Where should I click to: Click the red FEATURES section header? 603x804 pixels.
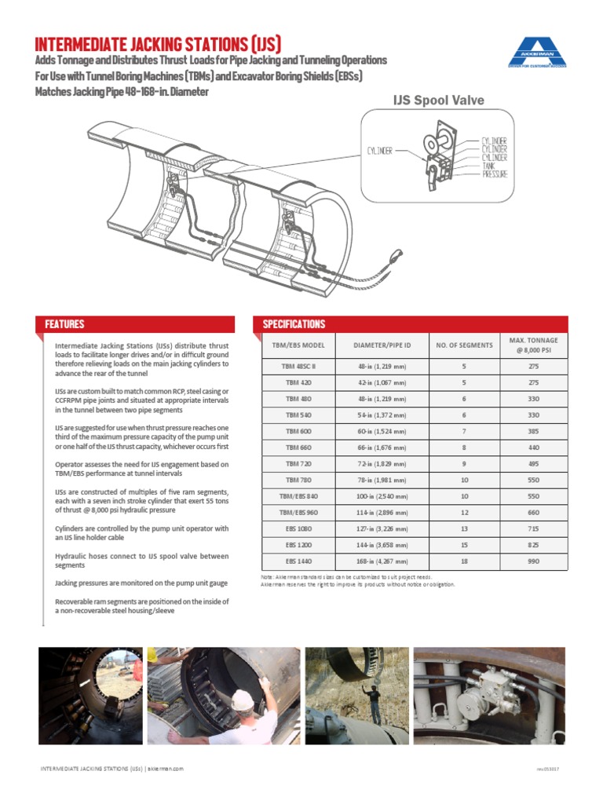click(64, 324)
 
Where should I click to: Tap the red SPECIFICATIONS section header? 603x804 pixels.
click(294, 324)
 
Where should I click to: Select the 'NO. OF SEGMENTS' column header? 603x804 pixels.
click(464, 345)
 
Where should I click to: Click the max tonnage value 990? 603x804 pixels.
click(533, 561)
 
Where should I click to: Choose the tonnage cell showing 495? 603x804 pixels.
click(533, 463)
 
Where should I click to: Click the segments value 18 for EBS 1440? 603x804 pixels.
click(464, 561)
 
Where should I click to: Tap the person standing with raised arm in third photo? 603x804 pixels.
click(374, 700)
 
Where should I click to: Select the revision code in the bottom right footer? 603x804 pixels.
click(548, 769)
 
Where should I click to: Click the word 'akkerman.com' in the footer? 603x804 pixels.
click(166, 769)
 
